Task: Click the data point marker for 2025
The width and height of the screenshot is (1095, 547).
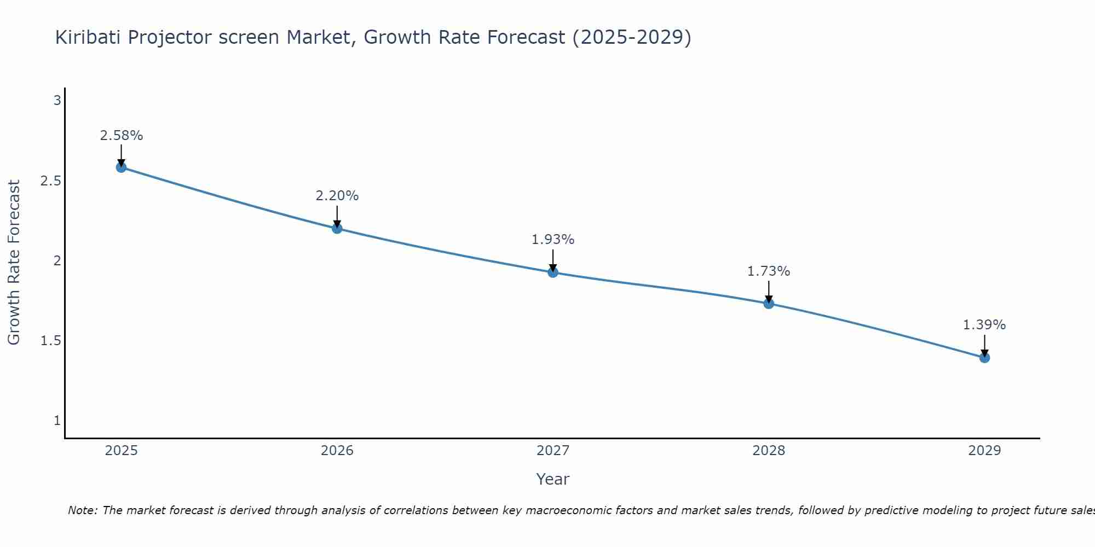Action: click(x=121, y=167)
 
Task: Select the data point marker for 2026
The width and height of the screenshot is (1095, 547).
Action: click(x=337, y=228)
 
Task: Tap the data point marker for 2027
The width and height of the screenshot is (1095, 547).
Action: click(x=553, y=272)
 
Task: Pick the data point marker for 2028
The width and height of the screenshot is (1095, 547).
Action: click(x=769, y=304)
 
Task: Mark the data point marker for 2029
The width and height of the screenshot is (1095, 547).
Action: click(x=984, y=358)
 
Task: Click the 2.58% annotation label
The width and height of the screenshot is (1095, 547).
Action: click(x=121, y=136)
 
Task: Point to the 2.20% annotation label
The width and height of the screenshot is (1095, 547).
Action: click(x=337, y=196)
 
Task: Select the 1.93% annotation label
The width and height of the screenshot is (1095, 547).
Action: click(x=553, y=240)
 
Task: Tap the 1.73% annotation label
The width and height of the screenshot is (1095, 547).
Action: click(x=769, y=271)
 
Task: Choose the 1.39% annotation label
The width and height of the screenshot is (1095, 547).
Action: click(x=984, y=325)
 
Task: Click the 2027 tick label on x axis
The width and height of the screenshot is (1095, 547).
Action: click(x=553, y=451)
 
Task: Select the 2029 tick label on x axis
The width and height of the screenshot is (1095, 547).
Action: click(x=984, y=451)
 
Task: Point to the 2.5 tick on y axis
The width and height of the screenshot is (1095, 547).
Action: click(x=50, y=181)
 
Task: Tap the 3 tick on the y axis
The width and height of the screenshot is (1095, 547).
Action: click(x=57, y=101)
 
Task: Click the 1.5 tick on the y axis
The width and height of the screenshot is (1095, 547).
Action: click(x=50, y=341)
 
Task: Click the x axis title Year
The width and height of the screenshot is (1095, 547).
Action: click(x=553, y=479)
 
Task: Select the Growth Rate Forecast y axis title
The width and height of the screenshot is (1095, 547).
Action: click(x=14, y=263)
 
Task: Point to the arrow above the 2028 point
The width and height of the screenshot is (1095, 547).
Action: click(x=769, y=291)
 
